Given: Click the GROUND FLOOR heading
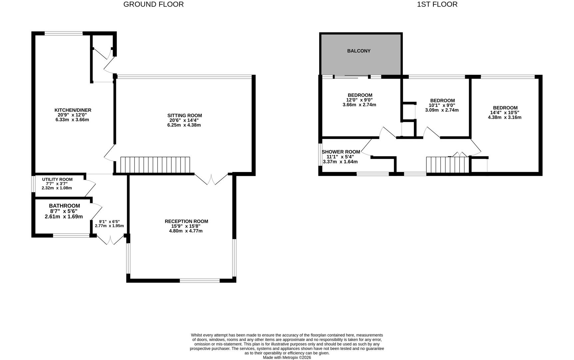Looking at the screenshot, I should point(153,4).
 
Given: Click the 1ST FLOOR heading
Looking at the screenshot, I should point(437,4).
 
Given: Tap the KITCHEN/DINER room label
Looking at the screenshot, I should point(73,110).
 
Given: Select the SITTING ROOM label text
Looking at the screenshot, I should point(185,115).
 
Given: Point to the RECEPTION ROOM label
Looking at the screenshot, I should point(186,221).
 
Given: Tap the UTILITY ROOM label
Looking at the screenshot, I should point(57,179).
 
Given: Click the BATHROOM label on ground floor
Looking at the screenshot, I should point(64,206).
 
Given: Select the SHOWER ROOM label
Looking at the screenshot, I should point(341,152).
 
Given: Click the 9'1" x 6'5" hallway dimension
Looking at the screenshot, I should point(109,221).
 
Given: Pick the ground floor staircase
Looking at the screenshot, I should point(155,165).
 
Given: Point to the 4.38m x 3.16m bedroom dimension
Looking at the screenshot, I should point(504,117).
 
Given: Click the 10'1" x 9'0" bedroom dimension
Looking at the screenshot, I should point(442,105).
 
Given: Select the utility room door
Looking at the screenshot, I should point(90,188).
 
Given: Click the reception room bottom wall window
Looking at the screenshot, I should point(200,281).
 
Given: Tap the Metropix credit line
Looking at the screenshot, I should point(287,357).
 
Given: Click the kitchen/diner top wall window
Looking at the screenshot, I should point(64,33).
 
